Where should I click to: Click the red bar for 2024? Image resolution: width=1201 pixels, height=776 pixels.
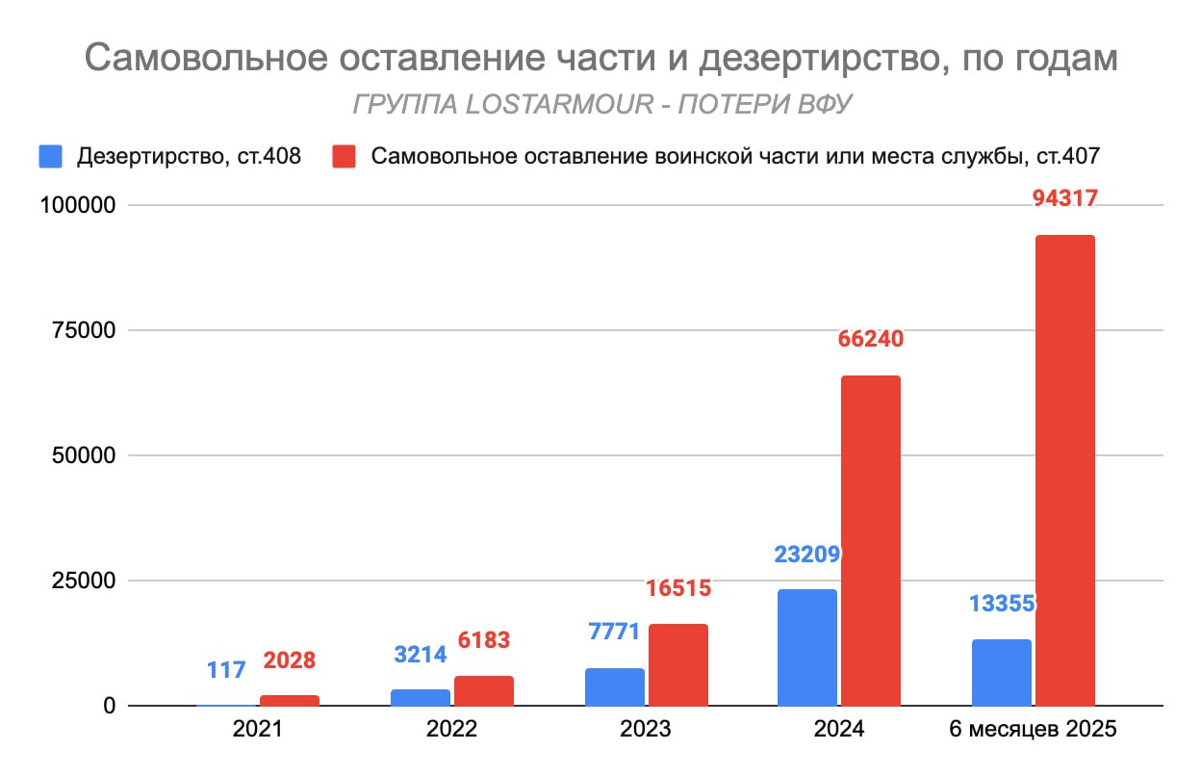[871, 540]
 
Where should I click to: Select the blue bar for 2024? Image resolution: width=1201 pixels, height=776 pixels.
[806, 647]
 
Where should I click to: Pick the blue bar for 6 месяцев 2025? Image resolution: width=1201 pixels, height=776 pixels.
[1001, 672]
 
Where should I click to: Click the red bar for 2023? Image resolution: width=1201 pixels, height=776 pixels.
[677, 664]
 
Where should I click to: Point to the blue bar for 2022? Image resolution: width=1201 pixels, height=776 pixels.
[420, 697]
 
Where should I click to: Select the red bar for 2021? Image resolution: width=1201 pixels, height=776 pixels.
[290, 700]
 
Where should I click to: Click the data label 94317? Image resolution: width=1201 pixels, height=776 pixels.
[1065, 198]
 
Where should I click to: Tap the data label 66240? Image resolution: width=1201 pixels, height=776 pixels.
[872, 339]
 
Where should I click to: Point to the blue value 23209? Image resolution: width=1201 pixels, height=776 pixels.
[807, 554]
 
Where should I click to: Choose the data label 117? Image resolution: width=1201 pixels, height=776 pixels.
[226, 668]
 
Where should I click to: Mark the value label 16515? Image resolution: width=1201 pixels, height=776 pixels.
[677, 588]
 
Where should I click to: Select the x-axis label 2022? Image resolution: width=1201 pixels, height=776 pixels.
[451, 730]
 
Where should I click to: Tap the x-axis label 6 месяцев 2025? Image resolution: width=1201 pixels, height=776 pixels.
[1033, 730]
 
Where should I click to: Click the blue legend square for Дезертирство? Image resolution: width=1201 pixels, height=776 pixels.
[51, 156]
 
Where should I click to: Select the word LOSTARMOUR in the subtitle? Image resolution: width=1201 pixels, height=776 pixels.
[545, 104]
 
